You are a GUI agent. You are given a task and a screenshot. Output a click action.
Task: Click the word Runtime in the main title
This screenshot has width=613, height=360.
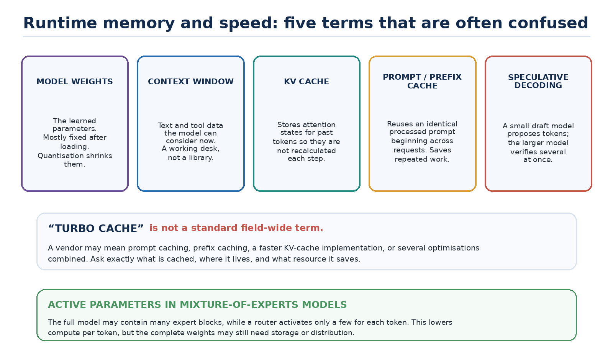[60, 23]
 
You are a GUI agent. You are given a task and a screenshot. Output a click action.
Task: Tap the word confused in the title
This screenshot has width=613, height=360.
[548, 23]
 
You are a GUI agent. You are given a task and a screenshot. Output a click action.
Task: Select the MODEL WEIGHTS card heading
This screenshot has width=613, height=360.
[75, 82]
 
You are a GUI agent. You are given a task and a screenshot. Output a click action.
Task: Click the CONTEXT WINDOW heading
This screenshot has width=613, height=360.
[191, 82]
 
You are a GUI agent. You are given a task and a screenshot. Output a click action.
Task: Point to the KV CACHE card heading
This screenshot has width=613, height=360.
[306, 82]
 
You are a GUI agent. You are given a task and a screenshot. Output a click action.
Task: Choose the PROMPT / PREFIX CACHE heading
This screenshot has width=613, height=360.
[422, 81]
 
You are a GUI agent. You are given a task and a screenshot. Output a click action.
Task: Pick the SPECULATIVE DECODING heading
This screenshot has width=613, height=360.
[538, 81]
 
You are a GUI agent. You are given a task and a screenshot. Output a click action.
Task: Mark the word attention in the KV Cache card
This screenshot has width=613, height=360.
[318, 125]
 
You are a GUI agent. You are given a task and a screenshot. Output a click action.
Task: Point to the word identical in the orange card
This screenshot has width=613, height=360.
[441, 124]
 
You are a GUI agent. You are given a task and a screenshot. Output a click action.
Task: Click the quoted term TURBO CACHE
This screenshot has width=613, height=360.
[96, 228]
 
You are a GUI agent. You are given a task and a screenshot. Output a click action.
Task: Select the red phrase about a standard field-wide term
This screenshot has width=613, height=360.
[236, 228]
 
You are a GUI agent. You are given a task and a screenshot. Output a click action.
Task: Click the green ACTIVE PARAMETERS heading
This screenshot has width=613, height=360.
[197, 305]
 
